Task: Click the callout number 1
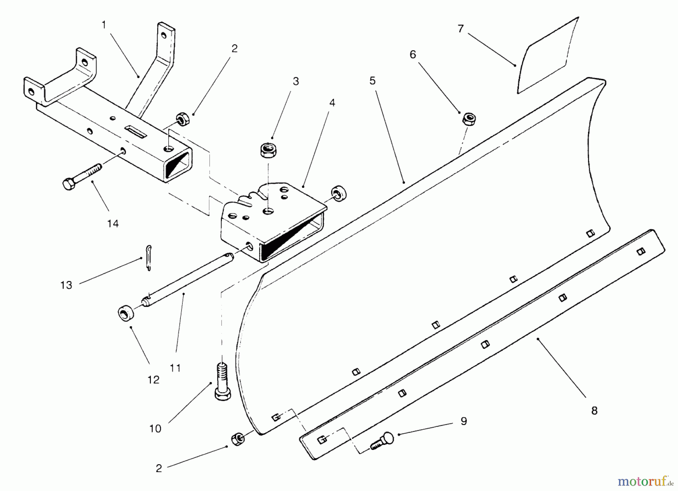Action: (x=104, y=25)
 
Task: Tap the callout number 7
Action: (x=460, y=29)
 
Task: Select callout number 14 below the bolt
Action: (x=113, y=224)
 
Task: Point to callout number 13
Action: (x=66, y=285)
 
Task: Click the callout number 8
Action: (x=594, y=411)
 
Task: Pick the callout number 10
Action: (x=155, y=428)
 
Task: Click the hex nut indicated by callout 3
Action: (x=267, y=150)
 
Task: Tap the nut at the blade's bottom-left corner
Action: (x=237, y=439)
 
